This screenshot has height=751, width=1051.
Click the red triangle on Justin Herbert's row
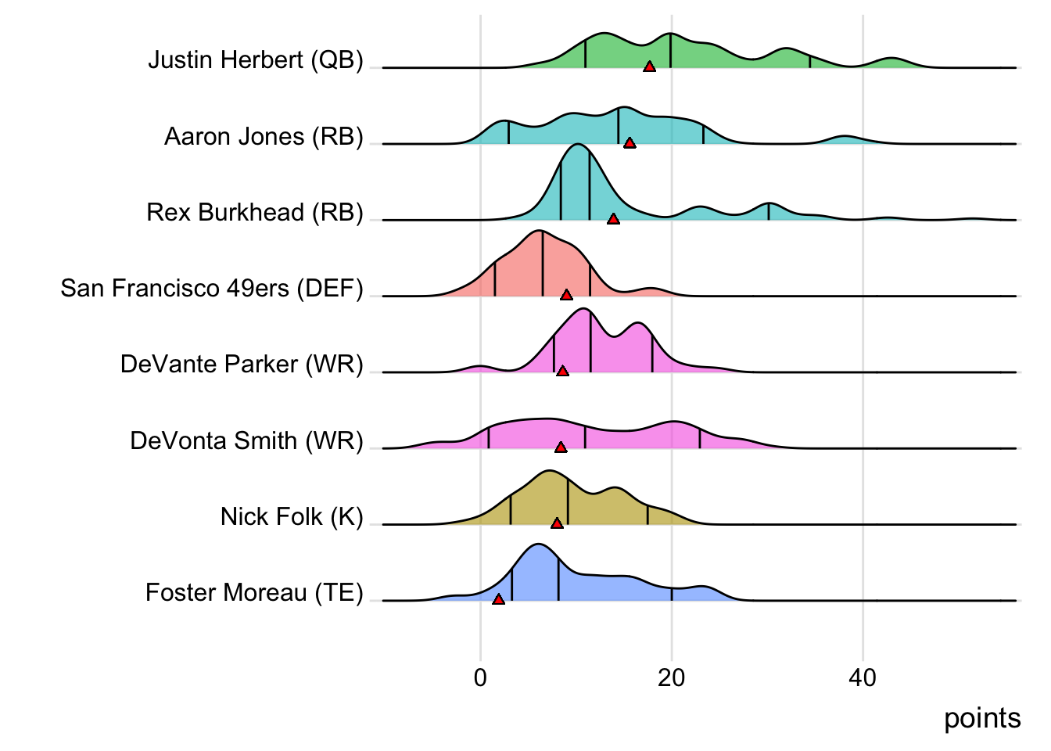(x=649, y=67)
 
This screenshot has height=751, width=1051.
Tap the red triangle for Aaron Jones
(x=630, y=143)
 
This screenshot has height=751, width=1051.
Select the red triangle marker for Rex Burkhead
(x=613, y=219)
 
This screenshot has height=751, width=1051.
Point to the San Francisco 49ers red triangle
(x=566, y=295)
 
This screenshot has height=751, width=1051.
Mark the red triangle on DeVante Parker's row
(x=562, y=371)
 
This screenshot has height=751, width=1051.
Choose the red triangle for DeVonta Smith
(x=560, y=447)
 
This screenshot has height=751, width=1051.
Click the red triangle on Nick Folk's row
(x=557, y=523)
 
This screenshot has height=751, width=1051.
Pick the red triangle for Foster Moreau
(x=498, y=599)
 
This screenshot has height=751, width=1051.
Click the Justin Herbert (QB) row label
(x=256, y=60)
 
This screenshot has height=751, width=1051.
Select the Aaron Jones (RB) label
(x=264, y=137)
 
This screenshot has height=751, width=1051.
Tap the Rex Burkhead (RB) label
(x=255, y=213)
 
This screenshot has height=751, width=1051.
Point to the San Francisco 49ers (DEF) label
(x=212, y=289)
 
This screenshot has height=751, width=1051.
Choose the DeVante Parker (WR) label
(x=242, y=365)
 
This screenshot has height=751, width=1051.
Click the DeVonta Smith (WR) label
(x=246, y=441)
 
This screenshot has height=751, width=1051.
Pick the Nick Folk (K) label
(x=292, y=517)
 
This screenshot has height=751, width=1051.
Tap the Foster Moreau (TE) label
(x=254, y=593)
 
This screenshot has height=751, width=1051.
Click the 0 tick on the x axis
(x=480, y=677)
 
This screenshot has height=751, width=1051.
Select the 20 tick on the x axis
(x=671, y=677)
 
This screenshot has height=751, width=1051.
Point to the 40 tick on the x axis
(x=863, y=677)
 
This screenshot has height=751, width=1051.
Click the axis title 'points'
(x=982, y=719)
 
